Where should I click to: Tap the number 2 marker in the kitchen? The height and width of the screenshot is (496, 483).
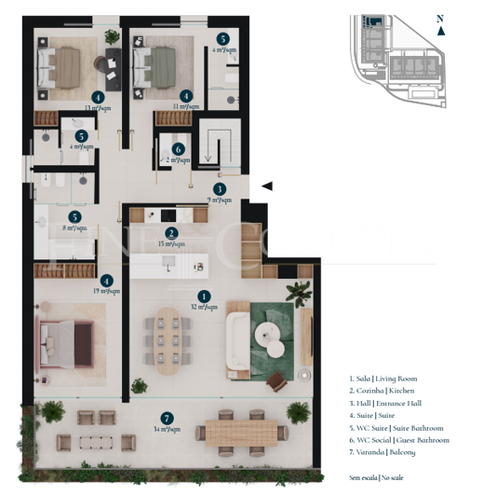[170, 234]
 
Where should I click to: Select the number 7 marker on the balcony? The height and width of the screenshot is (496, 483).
[167, 419]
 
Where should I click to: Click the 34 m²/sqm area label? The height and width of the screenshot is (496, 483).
[167, 431]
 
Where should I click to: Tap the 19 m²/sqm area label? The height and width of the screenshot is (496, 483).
[107, 291]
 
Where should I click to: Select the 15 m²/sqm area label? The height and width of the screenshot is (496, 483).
[170, 244]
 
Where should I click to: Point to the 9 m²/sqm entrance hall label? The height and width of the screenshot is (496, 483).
[220, 200]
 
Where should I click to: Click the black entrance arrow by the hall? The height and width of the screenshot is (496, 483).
[267, 186]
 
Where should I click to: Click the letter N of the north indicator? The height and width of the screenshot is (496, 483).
[440, 18]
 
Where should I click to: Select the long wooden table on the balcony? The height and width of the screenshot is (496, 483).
[241, 432]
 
